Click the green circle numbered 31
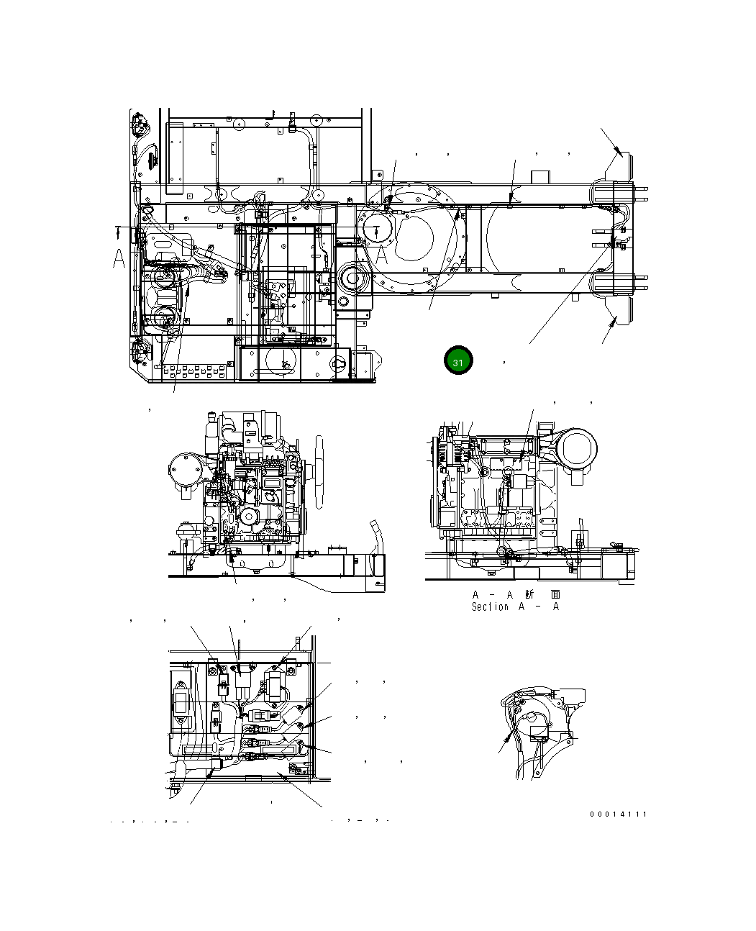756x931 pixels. tap(458, 361)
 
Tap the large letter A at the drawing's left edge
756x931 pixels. tap(119, 260)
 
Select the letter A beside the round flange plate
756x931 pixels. tap(384, 253)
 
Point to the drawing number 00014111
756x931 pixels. tap(619, 814)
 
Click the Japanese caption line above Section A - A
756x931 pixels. tap(516, 595)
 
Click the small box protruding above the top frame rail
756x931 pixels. tap(539, 177)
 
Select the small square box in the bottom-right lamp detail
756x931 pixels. tap(539, 734)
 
